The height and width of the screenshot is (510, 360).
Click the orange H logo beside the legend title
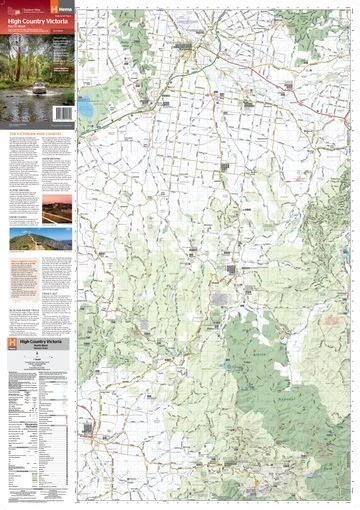pos(10,344)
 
